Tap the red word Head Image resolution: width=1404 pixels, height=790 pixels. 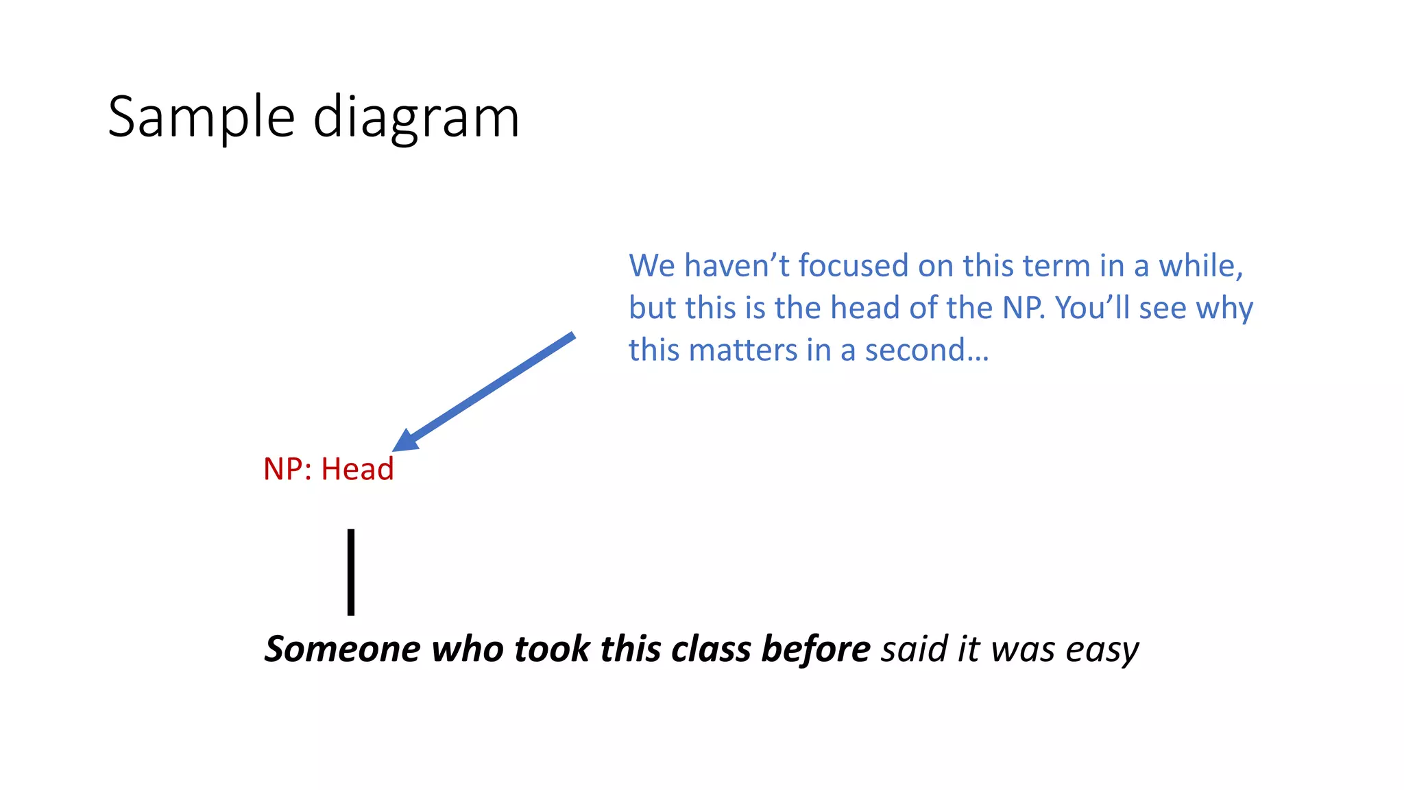(357, 469)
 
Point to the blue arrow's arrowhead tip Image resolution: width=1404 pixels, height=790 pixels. (395, 449)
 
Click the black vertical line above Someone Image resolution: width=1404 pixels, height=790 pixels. (351, 572)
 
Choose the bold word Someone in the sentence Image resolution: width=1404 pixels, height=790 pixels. (342, 649)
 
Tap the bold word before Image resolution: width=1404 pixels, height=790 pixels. (816, 649)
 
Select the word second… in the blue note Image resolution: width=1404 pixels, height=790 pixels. (927, 350)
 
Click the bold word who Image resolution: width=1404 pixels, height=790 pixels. (468, 649)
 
